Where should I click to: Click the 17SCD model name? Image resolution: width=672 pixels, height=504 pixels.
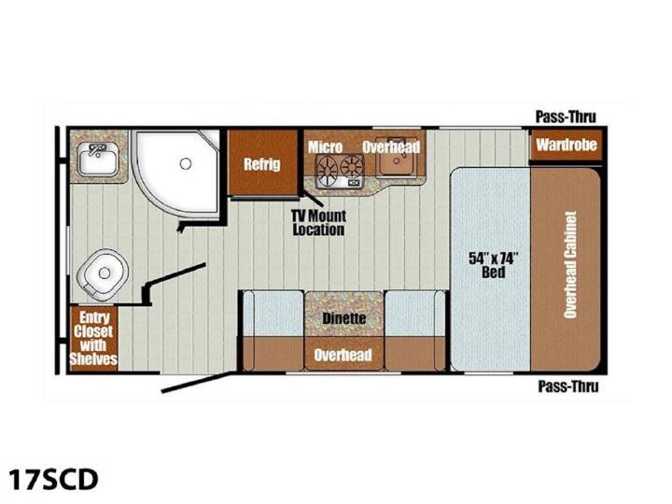(x=53, y=480)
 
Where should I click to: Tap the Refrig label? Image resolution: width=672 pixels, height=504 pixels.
(x=262, y=164)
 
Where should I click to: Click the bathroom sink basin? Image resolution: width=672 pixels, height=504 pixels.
(x=98, y=159)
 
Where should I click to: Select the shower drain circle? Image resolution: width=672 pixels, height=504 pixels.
(x=186, y=163)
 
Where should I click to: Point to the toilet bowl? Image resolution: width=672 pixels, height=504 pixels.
(x=103, y=273)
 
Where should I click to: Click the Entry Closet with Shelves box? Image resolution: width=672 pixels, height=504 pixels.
(x=93, y=339)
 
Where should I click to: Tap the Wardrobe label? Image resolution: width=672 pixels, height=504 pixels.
(x=567, y=145)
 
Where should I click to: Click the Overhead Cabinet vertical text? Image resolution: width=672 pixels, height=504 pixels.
(x=570, y=265)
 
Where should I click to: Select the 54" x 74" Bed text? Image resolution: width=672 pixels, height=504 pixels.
(x=494, y=265)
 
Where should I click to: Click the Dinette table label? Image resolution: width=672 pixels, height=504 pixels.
(x=344, y=318)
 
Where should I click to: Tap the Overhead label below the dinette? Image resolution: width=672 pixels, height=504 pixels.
(x=343, y=355)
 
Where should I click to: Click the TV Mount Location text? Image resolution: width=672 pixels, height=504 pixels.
(x=318, y=223)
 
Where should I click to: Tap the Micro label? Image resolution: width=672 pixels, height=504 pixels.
(x=326, y=147)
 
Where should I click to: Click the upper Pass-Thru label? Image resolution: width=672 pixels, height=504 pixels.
(x=566, y=117)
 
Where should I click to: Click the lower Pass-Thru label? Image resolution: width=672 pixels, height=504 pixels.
(x=568, y=386)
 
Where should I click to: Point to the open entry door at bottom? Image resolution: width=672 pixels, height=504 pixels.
(x=196, y=383)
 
